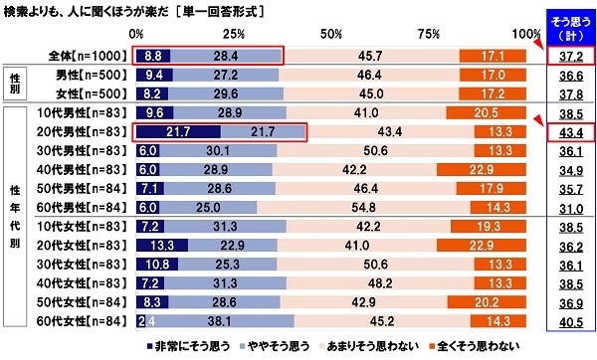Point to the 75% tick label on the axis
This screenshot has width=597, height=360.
428,36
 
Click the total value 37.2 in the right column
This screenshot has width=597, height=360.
570,57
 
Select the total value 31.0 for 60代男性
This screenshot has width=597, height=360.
570,208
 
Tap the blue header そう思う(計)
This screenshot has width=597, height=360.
570,27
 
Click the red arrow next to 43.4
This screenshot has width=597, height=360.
538,122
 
